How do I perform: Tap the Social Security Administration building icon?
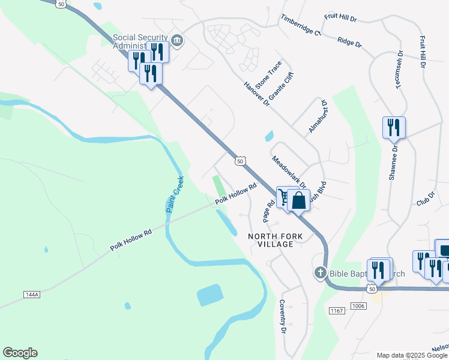pyautogui.click(x=176, y=41)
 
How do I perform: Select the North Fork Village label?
pyautogui.click(x=271, y=240)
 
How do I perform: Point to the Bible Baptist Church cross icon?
pyautogui.click(x=320, y=274)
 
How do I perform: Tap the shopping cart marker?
pyautogui.click(x=284, y=196)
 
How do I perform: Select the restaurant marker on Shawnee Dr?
pyautogui.click(x=394, y=127)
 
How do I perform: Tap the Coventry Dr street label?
pyautogui.click(x=282, y=316)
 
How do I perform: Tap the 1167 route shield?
pyautogui.click(x=337, y=310)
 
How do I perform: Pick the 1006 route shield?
pyautogui.click(x=358, y=306)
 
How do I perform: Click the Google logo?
pyautogui.click(x=20, y=353)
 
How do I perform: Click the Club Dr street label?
pyautogui.click(x=425, y=197)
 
